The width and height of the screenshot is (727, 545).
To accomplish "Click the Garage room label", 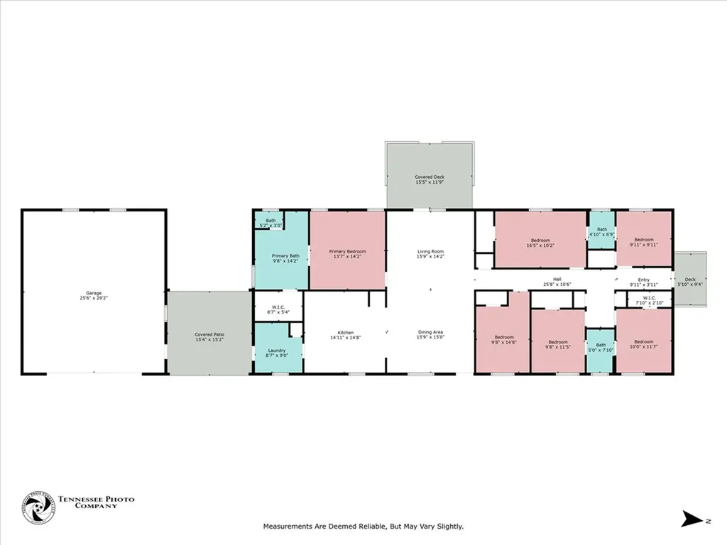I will point(93,294).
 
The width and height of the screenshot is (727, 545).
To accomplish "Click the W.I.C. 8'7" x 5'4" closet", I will point(278,309).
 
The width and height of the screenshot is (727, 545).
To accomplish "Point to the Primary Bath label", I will point(285,258).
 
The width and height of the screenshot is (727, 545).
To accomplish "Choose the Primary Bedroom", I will point(348,254).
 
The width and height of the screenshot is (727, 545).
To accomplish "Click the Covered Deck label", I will point(430,180).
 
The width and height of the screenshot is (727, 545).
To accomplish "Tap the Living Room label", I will point(430,254).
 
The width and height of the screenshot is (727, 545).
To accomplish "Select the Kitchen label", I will point(346,335).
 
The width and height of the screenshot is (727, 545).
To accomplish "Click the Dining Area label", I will point(430,335).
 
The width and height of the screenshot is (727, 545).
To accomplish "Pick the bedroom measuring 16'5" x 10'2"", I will point(540,243).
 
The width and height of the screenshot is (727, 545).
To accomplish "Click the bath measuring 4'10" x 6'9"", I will point(601,232).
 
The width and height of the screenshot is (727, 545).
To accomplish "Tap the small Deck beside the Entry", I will point(690,282).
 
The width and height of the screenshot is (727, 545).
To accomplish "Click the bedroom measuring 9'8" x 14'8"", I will point(504,339).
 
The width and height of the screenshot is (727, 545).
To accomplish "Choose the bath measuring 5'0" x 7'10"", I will point(601,348).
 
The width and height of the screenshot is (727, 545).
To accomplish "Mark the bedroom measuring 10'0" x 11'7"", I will point(644,343).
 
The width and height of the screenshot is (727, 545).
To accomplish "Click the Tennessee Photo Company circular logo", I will point(38,508).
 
